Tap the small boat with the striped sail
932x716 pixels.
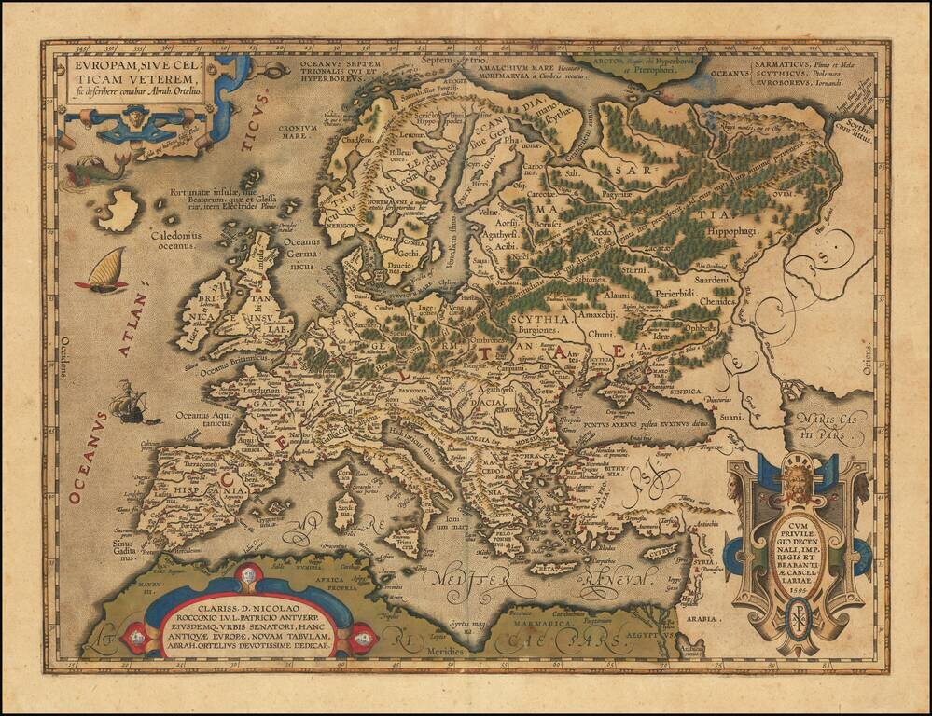[x=104, y=270]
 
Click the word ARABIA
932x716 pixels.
[x=703, y=619]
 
